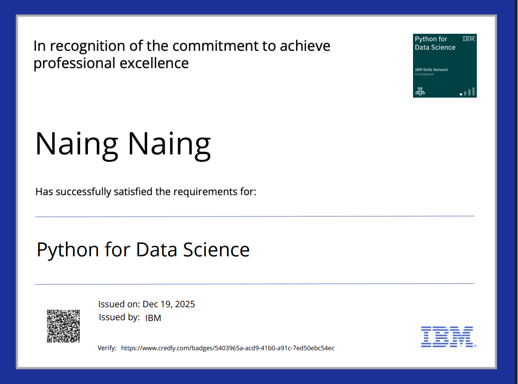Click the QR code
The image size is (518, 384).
point(63,326)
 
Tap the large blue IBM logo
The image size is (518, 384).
point(447,336)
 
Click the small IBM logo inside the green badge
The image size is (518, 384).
point(469,39)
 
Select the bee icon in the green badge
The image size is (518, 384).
point(420,91)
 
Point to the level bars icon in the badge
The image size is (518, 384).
point(468,92)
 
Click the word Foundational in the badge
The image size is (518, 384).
point(424,74)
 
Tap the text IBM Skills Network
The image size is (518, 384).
point(431,70)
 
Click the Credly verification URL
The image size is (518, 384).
point(228,348)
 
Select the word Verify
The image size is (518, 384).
point(107,348)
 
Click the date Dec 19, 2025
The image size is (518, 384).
point(169,304)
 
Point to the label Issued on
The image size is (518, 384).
point(119,304)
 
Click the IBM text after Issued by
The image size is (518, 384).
point(153,318)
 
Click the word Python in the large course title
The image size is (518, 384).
point(68,250)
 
